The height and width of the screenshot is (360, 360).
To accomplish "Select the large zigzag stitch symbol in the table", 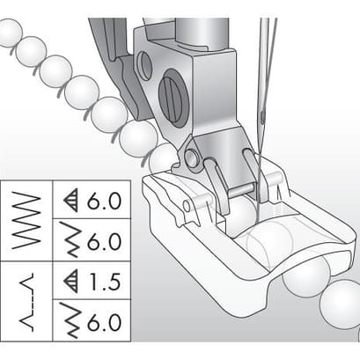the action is coord(26,220).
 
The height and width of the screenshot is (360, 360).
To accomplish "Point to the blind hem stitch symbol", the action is coord(27,302).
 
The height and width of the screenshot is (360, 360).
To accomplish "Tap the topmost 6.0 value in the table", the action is coord(104,201).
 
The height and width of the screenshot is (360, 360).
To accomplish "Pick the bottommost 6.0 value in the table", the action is coord(104,322).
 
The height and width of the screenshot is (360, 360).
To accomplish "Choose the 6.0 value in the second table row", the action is coord(104,241).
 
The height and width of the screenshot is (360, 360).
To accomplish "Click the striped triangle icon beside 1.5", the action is coord(71,282).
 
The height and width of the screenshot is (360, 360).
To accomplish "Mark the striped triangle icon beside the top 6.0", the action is coord(71,201).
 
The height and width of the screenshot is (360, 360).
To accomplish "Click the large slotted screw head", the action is coord(173,99).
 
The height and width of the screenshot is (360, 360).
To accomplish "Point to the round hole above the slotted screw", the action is coord(144,66).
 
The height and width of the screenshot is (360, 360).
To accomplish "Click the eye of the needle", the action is coord(262,115).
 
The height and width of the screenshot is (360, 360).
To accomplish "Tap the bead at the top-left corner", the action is coord(9,33).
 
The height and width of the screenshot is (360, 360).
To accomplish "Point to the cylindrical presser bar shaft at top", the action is coord(202,33).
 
